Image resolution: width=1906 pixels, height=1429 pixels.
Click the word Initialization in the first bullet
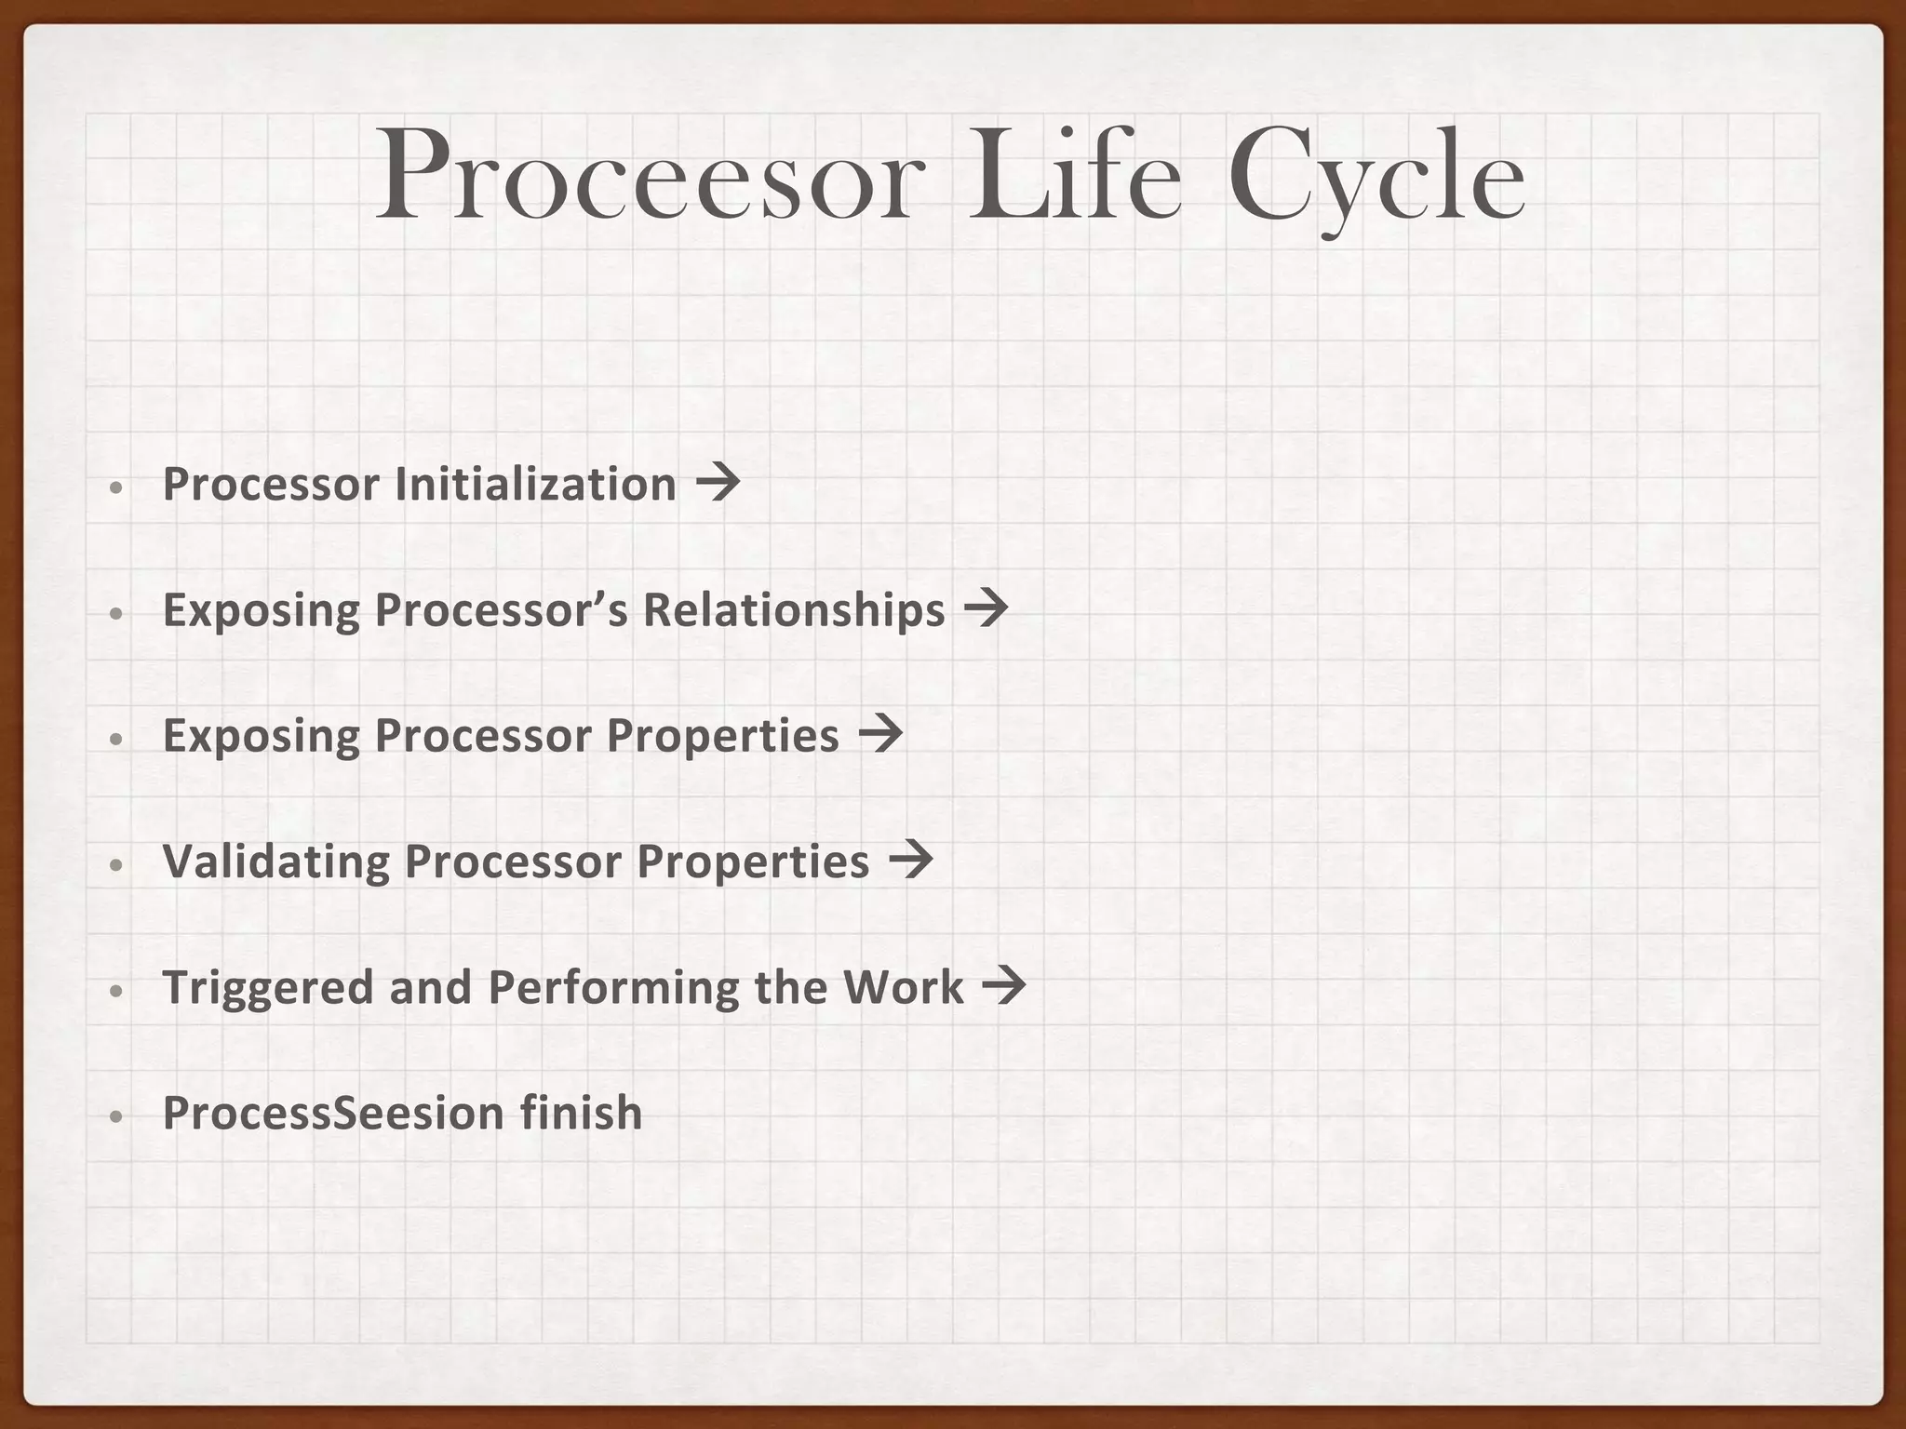pos(535,484)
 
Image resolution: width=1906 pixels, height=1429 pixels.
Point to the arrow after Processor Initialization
pos(718,483)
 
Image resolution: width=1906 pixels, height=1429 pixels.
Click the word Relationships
pos(794,610)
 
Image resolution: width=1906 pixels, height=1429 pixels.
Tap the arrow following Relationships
pos(987,609)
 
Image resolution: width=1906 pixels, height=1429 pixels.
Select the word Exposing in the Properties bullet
pos(262,737)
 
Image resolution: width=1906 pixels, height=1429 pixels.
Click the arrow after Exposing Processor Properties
pos(880,735)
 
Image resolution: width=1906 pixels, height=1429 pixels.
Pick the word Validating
pos(276,861)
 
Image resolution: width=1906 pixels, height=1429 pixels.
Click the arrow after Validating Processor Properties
pos(911,861)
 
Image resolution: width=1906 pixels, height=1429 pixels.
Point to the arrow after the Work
pos(1004,986)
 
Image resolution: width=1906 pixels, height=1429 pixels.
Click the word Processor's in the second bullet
pos(501,610)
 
